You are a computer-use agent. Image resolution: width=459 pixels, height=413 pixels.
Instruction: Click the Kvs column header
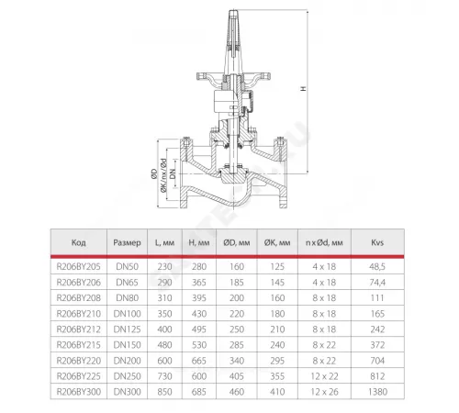click(377, 242)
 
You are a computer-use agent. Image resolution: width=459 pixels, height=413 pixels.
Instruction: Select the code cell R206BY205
click(78, 267)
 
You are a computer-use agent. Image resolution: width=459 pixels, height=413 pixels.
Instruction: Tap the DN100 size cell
click(127, 314)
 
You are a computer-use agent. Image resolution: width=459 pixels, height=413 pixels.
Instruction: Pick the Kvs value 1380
click(378, 392)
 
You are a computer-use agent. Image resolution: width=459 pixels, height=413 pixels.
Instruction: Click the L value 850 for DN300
click(164, 392)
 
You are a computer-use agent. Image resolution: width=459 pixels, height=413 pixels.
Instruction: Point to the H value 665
click(199, 361)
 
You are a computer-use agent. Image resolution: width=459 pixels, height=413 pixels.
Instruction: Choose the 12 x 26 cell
click(324, 392)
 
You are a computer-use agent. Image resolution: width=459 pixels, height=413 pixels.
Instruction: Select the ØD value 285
click(237, 345)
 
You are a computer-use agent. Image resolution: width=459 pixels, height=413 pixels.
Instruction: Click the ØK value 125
click(277, 267)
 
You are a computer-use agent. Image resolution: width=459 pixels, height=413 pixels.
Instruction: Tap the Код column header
click(79, 242)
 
